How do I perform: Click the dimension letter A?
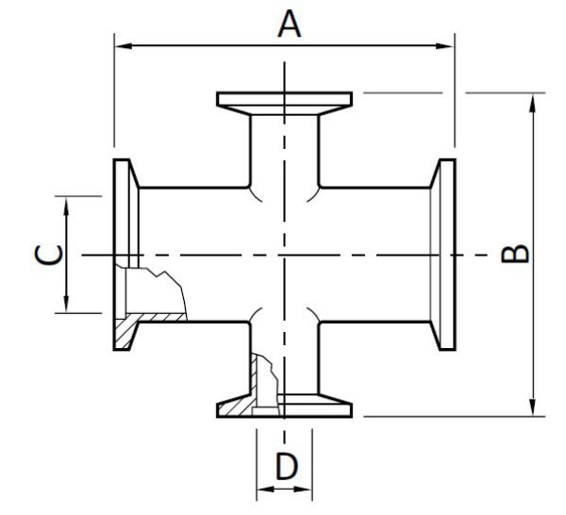[x=289, y=23]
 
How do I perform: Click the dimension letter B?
[x=513, y=254]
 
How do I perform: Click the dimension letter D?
[x=285, y=465]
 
